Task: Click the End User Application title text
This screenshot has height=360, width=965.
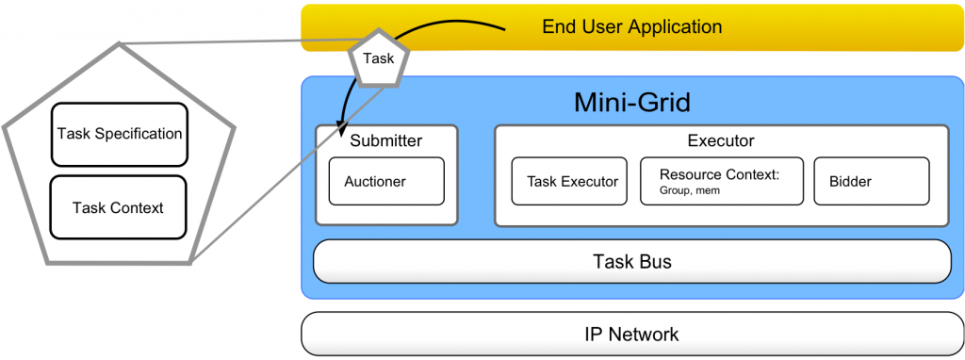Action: click(631, 26)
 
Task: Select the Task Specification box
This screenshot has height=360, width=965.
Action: click(119, 134)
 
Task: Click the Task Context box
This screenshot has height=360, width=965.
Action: click(119, 206)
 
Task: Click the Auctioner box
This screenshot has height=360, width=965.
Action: click(386, 181)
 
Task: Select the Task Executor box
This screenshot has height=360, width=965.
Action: click(568, 181)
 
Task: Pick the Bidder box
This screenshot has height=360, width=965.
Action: click(871, 181)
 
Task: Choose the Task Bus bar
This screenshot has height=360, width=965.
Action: click(632, 261)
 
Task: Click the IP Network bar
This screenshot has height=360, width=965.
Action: click(632, 334)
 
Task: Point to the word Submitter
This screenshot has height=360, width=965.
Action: click(386, 141)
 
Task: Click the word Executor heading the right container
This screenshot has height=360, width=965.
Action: click(721, 141)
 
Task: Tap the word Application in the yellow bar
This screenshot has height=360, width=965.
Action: click(674, 26)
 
